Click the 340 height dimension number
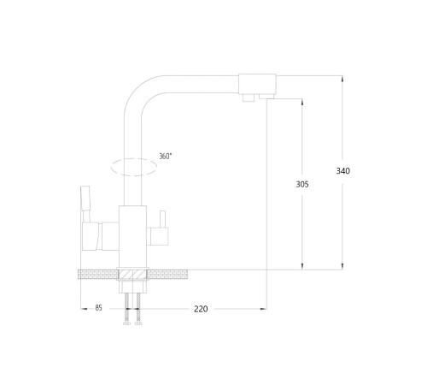point(343,171)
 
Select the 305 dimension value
point(302,185)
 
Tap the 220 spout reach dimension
point(201,309)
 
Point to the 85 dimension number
point(98,308)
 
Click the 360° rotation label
point(165,157)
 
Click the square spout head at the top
point(257,84)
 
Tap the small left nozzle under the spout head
point(249,98)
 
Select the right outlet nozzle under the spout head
point(266,97)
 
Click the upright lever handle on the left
point(85,204)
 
